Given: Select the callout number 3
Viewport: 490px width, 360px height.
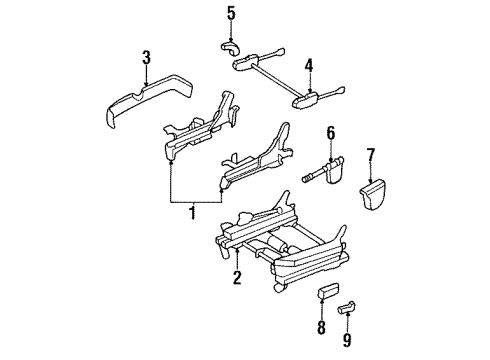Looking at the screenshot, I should pos(146,57).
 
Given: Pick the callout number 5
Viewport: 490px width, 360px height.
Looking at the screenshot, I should pos(230,13).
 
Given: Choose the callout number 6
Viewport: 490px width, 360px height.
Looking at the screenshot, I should pos(332,131).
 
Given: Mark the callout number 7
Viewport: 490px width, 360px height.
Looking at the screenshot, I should pos(370,154).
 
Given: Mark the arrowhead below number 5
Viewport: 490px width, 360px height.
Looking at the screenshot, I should pos(230,36).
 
